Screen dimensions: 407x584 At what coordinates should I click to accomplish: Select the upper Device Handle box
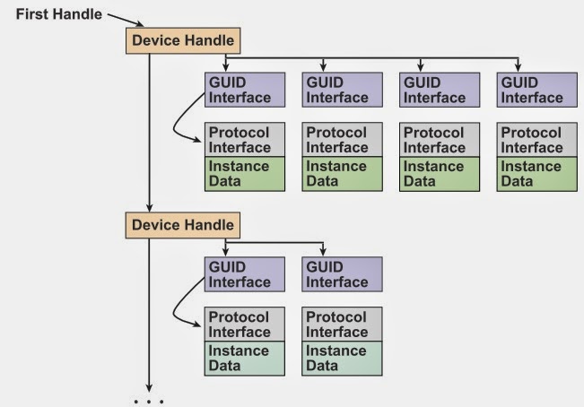pyautogui.click(x=183, y=39)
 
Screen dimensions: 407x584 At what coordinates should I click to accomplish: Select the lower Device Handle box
pyautogui.click(x=183, y=224)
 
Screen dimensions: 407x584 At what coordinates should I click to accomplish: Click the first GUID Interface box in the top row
pyautogui.click(x=245, y=90)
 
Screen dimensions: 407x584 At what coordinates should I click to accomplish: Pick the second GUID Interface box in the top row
pyautogui.click(x=342, y=90)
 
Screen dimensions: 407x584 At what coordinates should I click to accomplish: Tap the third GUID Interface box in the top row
pyautogui.click(x=439, y=90)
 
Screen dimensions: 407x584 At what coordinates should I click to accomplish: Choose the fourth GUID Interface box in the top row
pyautogui.click(x=536, y=90)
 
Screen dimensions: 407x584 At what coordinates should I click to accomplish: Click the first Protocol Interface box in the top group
pyautogui.click(x=245, y=139)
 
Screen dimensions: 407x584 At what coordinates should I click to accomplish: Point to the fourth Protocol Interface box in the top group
pyautogui.click(x=536, y=139)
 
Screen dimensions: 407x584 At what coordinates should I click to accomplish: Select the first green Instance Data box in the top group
pyautogui.click(x=245, y=173)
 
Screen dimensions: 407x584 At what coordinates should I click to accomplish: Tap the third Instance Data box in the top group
pyautogui.click(x=439, y=173)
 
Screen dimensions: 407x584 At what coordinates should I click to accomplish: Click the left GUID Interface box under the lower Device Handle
pyautogui.click(x=245, y=274)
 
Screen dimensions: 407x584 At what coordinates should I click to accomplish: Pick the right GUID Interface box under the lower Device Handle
pyautogui.click(x=342, y=274)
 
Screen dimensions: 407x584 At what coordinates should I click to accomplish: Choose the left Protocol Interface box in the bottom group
pyautogui.click(x=245, y=324)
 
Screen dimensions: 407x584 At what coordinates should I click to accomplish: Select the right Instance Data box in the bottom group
pyautogui.click(x=342, y=358)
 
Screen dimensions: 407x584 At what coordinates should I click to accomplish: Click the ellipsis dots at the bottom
pyautogui.click(x=149, y=401)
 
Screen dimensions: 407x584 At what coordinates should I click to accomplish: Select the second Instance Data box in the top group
pyautogui.click(x=342, y=173)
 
